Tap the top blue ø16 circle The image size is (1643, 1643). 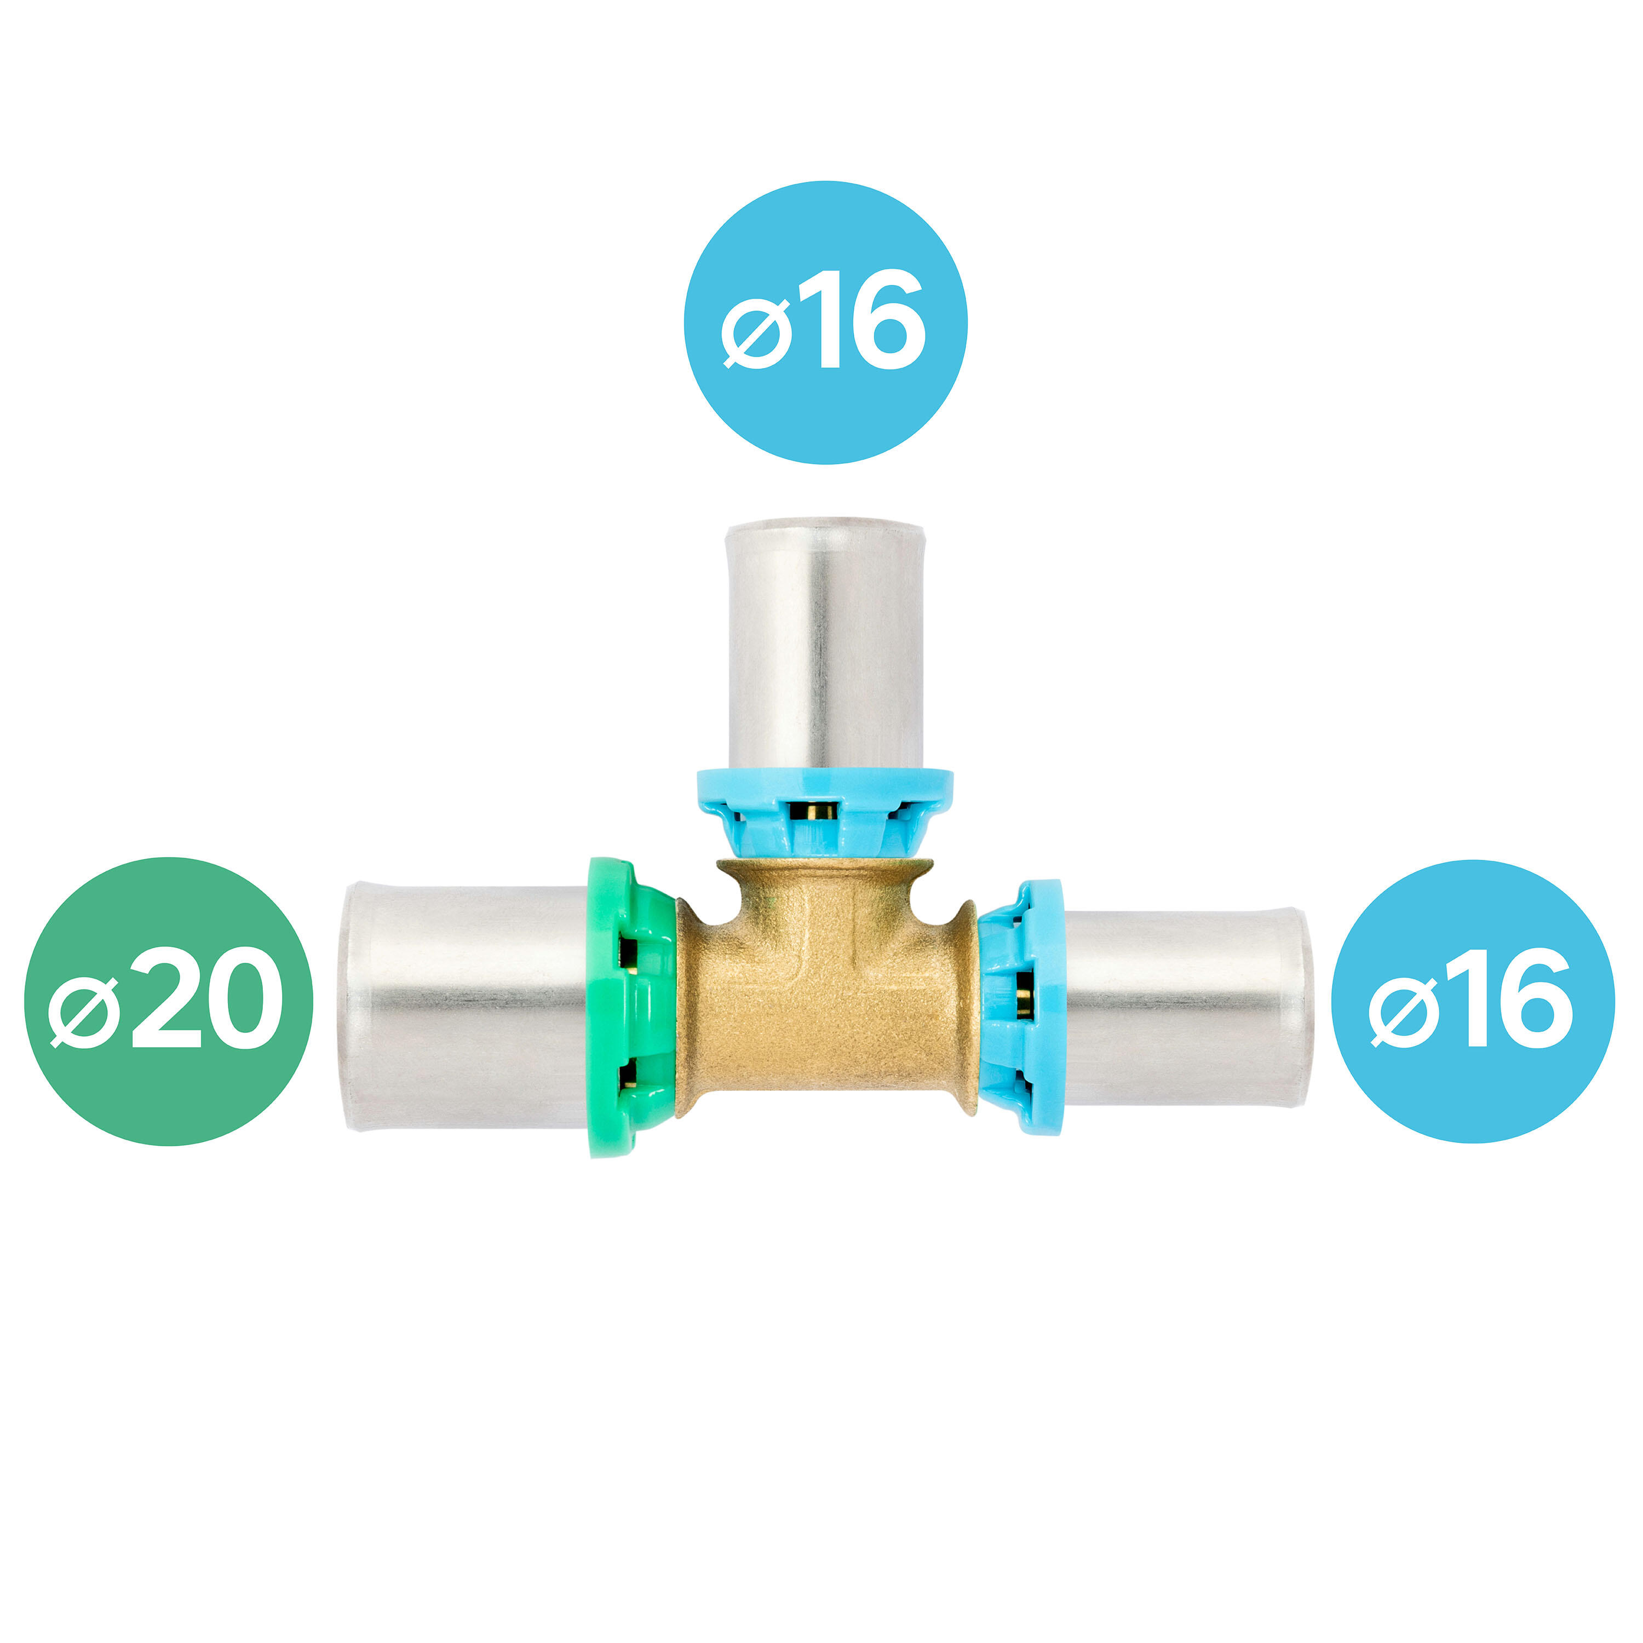point(826,323)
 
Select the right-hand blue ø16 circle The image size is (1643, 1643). point(1473,1002)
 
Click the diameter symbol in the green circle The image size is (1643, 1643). point(83,1011)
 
